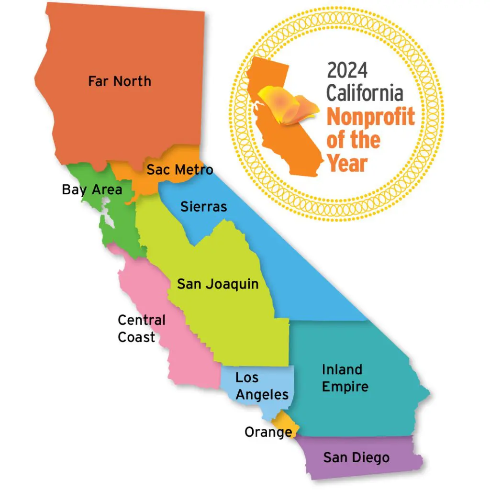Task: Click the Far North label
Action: coord(120,81)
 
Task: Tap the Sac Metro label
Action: coord(179,169)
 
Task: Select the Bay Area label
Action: coord(92,189)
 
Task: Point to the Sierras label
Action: coord(203,206)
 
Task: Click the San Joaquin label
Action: coord(218,284)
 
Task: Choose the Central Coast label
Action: coord(141,328)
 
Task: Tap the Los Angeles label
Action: coord(262,386)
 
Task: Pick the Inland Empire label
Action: coord(345,378)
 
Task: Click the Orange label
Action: coord(268,432)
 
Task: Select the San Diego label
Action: coord(356,457)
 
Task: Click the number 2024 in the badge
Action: coord(347,71)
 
